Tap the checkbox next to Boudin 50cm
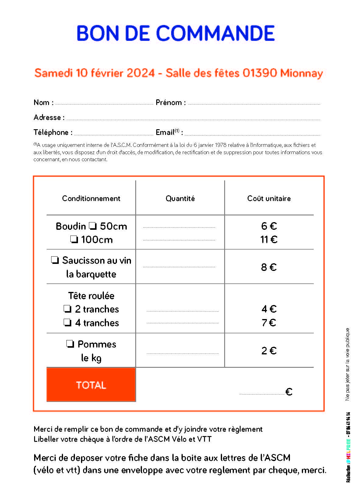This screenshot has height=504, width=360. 93,226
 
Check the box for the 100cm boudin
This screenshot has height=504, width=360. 74,239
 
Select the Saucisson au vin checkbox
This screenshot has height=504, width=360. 55,260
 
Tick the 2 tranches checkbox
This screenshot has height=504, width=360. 67,309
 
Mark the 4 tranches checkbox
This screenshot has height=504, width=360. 67,322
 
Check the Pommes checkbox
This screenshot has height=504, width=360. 70,344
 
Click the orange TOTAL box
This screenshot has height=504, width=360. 91,385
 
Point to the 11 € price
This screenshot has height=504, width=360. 269,240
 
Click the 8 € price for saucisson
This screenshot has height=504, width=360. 269,267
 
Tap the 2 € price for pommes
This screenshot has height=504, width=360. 269,351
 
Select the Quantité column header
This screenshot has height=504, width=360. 180,198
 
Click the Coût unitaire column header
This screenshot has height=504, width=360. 269,198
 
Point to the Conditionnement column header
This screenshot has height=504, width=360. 91,198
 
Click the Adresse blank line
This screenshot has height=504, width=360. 193,119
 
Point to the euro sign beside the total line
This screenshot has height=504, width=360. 289,392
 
